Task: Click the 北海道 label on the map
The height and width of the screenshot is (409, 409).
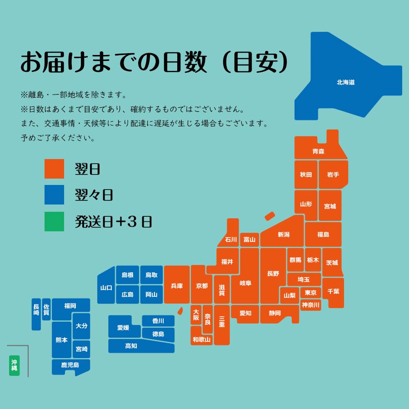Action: click(345, 83)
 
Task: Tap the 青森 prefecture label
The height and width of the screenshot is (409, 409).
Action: click(318, 151)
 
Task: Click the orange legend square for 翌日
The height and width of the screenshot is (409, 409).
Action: click(54, 169)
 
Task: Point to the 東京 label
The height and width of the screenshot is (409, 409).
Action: click(311, 292)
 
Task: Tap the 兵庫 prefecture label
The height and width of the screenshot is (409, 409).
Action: click(177, 286)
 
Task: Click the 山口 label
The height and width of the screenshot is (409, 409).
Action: click(106, 288)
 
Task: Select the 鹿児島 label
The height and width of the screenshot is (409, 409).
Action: click(70, 365)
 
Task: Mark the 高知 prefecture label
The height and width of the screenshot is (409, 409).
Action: click(131, 346)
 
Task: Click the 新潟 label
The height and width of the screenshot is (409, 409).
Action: click(284, 235)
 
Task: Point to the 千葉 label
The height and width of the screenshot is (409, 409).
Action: click(333, 291)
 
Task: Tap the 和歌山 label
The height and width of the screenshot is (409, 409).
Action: click(201, 339)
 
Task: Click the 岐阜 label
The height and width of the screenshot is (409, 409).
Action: click(245, 283)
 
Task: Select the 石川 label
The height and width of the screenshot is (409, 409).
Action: click(231, 239)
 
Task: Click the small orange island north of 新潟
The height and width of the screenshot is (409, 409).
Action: click(270, 216)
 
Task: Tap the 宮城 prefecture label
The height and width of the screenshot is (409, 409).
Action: click(330, 206)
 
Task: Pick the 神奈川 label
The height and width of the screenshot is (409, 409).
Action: click(311, 304)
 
